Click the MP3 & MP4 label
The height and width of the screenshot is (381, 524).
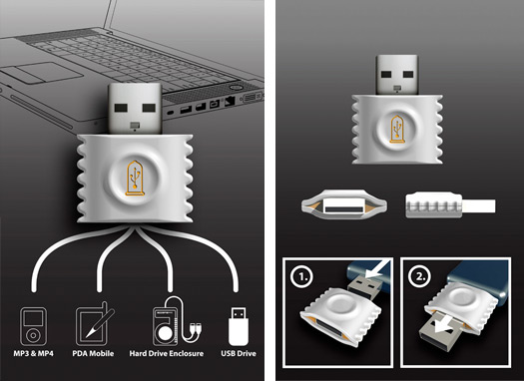pyautogui.click(x=33, y=353)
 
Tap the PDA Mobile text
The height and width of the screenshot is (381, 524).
pyautogui.click(x=93, y=353)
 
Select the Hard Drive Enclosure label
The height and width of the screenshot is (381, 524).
pyautogui.click(x=167, y=353)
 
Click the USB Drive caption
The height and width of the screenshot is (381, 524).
pyautogui.click(x=239, y=353)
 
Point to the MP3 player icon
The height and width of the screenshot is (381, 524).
pyautogui.click(x=33, y=326)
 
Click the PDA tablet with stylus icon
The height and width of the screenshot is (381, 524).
pyautogui.click(x=95, y=324)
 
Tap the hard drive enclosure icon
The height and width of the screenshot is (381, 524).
pyautogui.click(x=177, y=321)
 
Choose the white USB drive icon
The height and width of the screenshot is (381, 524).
pyautogui.click(x=239, y=326)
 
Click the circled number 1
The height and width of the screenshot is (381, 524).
pyautogui.click(x=301, y=276)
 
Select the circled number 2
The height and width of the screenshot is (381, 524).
pyautogui.click(x=419, y=276)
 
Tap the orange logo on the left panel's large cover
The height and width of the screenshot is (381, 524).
pyautogui.click(x=135, y=178)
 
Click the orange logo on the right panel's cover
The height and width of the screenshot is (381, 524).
pyautogui.click(x=397, y=130)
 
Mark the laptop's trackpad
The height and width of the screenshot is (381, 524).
pyautogui.click(x=41, y=73)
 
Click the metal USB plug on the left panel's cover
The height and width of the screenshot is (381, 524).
pyautogui.click(x=135, y=109)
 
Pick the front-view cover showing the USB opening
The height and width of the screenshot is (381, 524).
pyautogui.click(x=344, y=205)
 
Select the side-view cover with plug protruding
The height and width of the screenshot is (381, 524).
pyautogui.click(x=450, y=205)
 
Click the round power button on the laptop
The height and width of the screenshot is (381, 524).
pyautogui.click(x=236, y=87)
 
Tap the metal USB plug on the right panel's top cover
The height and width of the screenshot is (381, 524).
pyautogui.click(x=397, y=75)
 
